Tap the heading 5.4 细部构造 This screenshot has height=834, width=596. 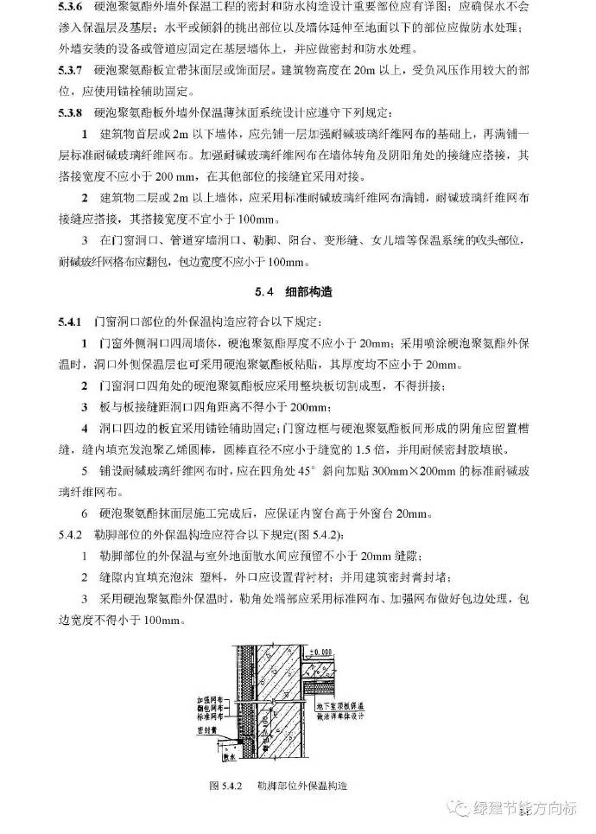[x=298, y=292]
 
